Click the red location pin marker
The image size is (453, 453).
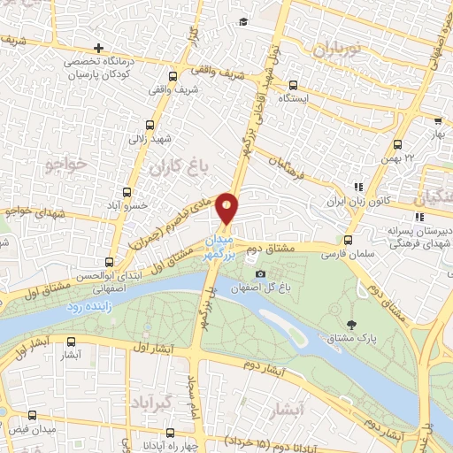click(227, 208)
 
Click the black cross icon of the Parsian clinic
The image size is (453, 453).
click(98, 47)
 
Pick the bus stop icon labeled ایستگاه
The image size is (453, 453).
click(292, 86)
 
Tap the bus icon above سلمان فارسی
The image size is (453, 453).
click(347, 239)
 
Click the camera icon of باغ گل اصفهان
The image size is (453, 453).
click(259, 273)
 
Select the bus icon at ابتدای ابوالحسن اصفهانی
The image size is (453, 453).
click(109, 262)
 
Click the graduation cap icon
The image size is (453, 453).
click(242, 21)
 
